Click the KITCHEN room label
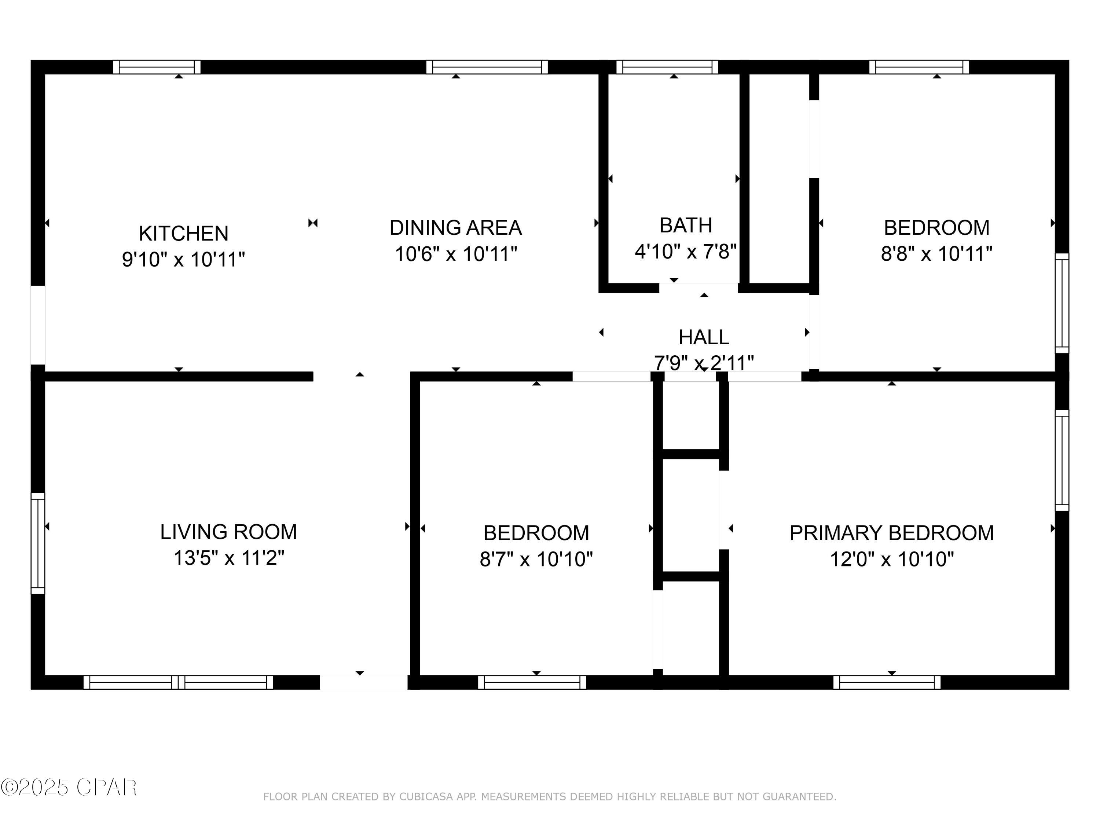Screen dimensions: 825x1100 183,233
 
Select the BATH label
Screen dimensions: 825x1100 685,225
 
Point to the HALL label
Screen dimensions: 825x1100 704,338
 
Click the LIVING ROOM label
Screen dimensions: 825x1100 228,532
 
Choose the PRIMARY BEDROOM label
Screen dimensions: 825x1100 891,533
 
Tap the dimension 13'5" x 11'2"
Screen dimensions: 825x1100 228,558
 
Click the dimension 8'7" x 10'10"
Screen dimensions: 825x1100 536,560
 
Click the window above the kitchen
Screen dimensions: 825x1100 157,67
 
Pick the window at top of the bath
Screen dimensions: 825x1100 667,67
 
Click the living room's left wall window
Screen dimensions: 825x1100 38,543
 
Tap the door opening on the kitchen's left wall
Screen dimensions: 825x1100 38,325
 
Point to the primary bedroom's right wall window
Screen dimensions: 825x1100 1062,460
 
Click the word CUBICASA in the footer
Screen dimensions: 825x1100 426,797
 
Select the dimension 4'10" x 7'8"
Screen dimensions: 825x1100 685,252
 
